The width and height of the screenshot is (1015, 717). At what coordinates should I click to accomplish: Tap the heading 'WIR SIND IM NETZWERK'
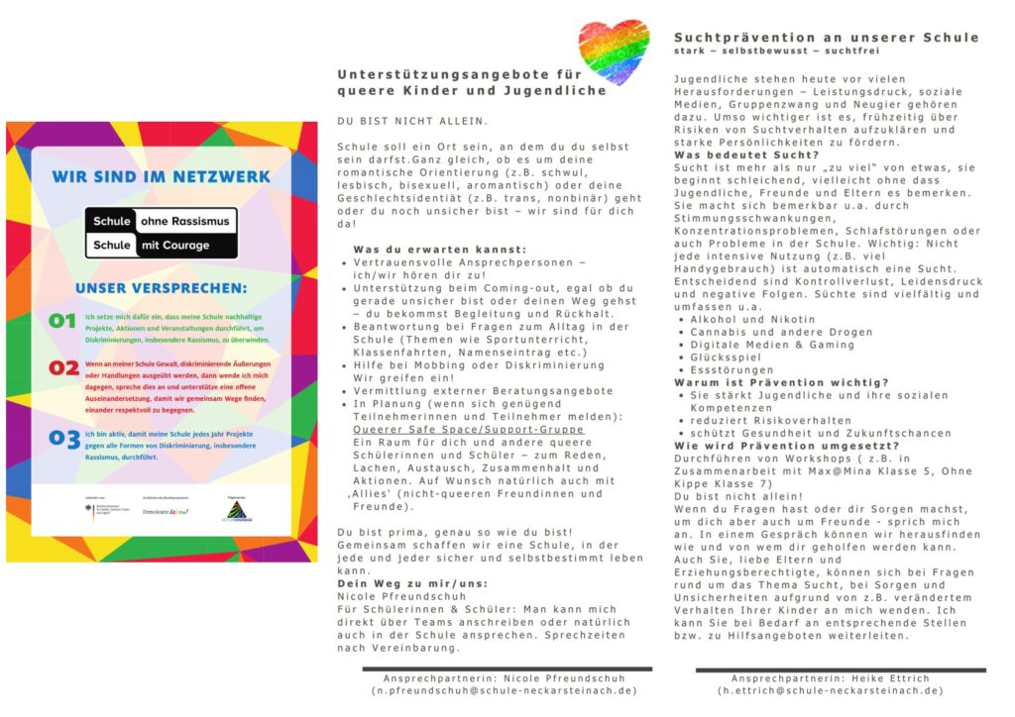(161, 176)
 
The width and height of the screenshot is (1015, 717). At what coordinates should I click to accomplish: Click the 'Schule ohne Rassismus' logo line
(161, 221)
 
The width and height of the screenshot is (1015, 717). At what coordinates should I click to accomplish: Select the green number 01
(62, 321)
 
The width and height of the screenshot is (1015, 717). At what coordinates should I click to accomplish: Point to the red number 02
(63, 368)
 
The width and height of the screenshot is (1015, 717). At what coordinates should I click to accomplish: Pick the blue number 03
(64, 438)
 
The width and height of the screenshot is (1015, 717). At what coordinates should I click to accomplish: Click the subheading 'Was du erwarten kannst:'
(439, 249)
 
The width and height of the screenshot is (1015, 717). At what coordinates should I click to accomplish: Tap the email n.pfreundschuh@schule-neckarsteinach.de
(505, 690)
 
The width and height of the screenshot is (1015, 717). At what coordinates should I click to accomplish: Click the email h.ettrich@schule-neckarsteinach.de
(831, 690)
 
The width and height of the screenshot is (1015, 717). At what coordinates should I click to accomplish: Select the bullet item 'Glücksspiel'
(730, 357)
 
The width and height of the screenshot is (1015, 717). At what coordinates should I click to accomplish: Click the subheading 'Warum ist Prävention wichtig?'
(782, 382)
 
